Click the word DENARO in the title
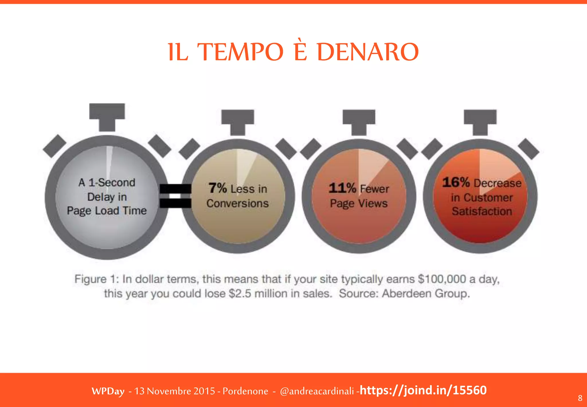(x=368, y=52)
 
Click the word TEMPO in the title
(x=240, y=52)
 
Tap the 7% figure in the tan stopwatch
(x=218, y=188)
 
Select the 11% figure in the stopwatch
(x=342, y=188)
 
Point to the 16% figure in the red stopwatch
(x=456, y=182)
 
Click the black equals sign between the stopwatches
(x=175, y=196)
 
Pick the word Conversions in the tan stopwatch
(x=237, y=203)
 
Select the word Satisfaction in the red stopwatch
(x=482, y=212)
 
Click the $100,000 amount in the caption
(x=442, y=279)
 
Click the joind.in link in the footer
(x=423, y=390)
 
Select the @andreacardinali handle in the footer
(x=317, y=391)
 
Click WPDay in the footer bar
(x=108, y=391)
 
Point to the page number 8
(x=580, y=398)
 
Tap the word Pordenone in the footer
(x=245, y=391)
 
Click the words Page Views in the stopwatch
(x=359, y=203)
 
